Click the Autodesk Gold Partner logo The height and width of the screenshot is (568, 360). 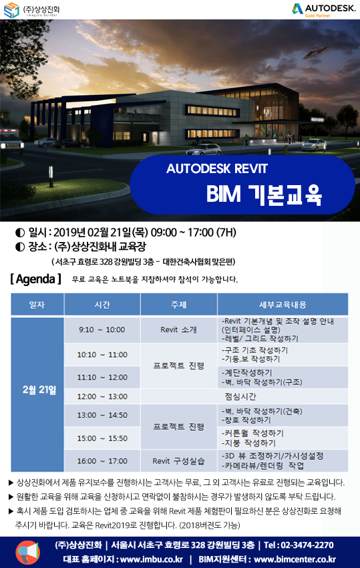click(323, 10)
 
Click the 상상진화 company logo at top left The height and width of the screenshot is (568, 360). click(32, 10)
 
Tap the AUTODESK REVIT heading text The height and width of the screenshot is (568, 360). click(217, 168)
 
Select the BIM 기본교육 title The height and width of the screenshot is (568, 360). click(264, 194)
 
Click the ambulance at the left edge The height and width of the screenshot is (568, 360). click(11, 140)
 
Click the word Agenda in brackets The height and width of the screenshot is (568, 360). click(35, 279)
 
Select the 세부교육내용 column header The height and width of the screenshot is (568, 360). click(283, 305)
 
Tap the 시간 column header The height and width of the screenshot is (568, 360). click(102, 305)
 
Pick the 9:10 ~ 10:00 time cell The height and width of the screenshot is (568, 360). click(102, 330)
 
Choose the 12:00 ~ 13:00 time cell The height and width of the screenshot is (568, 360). click(102, 397)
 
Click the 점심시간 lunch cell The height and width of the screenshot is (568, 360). click(240, 397)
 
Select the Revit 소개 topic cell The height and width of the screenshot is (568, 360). click(178, 330)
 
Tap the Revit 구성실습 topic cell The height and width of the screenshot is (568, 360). click(178, 461)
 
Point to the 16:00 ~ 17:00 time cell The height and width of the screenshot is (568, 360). click(102, 461)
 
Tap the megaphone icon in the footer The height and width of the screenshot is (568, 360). click(27, 553)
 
